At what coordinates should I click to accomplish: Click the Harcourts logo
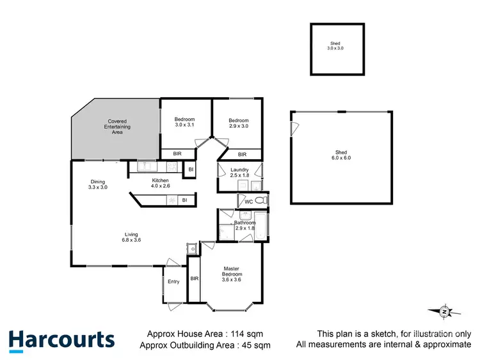pos(61,340)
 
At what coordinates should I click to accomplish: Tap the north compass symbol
pos(444,311)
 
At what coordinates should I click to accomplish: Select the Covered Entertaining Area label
pos(117,127)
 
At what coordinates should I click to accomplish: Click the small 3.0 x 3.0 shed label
pos(336,46)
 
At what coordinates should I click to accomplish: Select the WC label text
pos(249,201)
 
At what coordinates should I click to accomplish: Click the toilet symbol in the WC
pos(260,201)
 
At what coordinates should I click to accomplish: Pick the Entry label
pos(173,282)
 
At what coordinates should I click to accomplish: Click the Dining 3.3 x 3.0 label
pos(99,184)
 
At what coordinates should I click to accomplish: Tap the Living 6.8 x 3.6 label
pos(131,237)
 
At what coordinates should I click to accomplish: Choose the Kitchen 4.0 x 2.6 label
pos(160,184)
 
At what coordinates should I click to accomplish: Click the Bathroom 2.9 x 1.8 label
pos(245,226)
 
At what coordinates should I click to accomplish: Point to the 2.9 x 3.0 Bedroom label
pos(239,123)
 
